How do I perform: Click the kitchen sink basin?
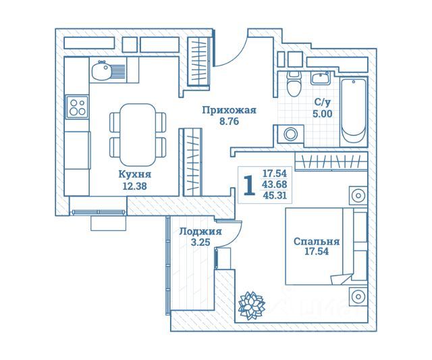(101, 71)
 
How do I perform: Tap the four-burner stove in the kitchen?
(77, 107)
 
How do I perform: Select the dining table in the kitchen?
(138, 134)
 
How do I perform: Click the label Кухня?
(135, 174)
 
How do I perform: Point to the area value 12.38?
(134, 186)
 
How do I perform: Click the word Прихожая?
(230, 110)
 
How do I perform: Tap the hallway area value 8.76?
(229, 122)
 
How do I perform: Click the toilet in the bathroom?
(293, 84)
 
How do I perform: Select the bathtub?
(354, 111)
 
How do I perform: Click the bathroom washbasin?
(321, 78)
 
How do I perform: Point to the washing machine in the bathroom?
(291, 134)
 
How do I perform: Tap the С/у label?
(323, 102)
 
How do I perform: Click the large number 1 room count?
(250, 186)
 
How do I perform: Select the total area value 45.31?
(275, 195)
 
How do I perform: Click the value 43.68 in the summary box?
(275, 184)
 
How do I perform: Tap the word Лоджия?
(200, 232)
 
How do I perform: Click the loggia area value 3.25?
(200, 242)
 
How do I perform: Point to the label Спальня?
(317, 242)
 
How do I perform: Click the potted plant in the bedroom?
(252, 305)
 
